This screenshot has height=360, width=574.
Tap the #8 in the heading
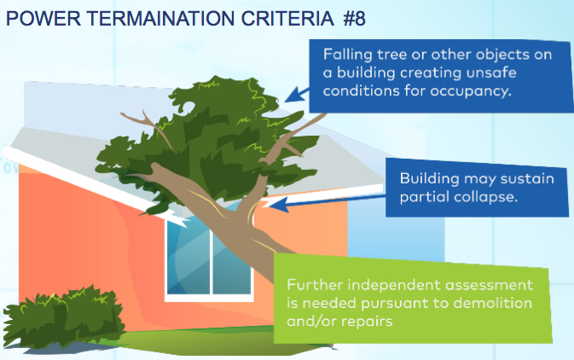tap(354, 18)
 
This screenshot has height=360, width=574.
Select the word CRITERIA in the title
tap(287, 18)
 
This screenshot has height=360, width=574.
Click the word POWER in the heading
tap(43, 18)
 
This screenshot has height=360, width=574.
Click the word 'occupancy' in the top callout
tap(471, 90)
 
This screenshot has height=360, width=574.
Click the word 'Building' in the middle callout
tap(429, 179)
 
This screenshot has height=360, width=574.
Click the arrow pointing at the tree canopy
tap(298, 96)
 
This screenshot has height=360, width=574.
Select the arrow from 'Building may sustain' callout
tap(327, 202)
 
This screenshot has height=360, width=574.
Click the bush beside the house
tap(64, 316)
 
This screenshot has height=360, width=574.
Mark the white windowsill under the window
tap(209, 298)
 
